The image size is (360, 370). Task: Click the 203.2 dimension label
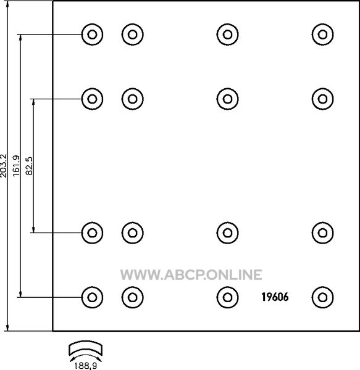[x=4, y=166]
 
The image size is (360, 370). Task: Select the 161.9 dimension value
[x=16, y=166]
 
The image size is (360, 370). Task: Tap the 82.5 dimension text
[x=29, y=166]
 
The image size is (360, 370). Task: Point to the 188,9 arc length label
[x=85, y=366]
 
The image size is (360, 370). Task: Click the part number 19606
[x=275, y=297]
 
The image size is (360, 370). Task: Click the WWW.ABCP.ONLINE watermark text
[x=191, y=274]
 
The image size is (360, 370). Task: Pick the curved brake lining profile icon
[x=85, y=348]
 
